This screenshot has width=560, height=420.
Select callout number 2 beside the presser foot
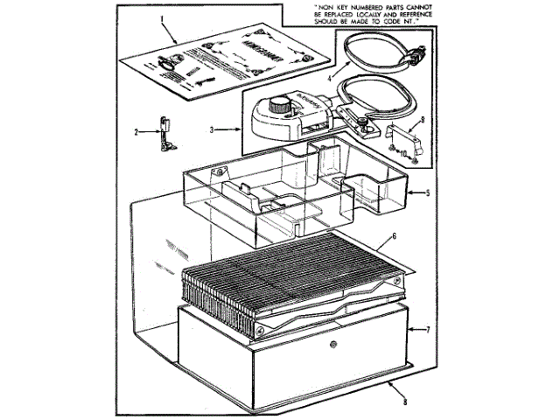click(x=137, y=132)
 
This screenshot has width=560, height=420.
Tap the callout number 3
click(x=213, y=129)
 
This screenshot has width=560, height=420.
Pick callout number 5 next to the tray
click(x=427, y=192)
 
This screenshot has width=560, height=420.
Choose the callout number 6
click(x=395, y=235)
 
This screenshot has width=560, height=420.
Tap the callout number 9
click(x=422, y=120)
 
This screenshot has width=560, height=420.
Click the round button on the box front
click(x=333, y=345)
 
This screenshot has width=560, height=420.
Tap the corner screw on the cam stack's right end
click(x=398, y=278)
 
